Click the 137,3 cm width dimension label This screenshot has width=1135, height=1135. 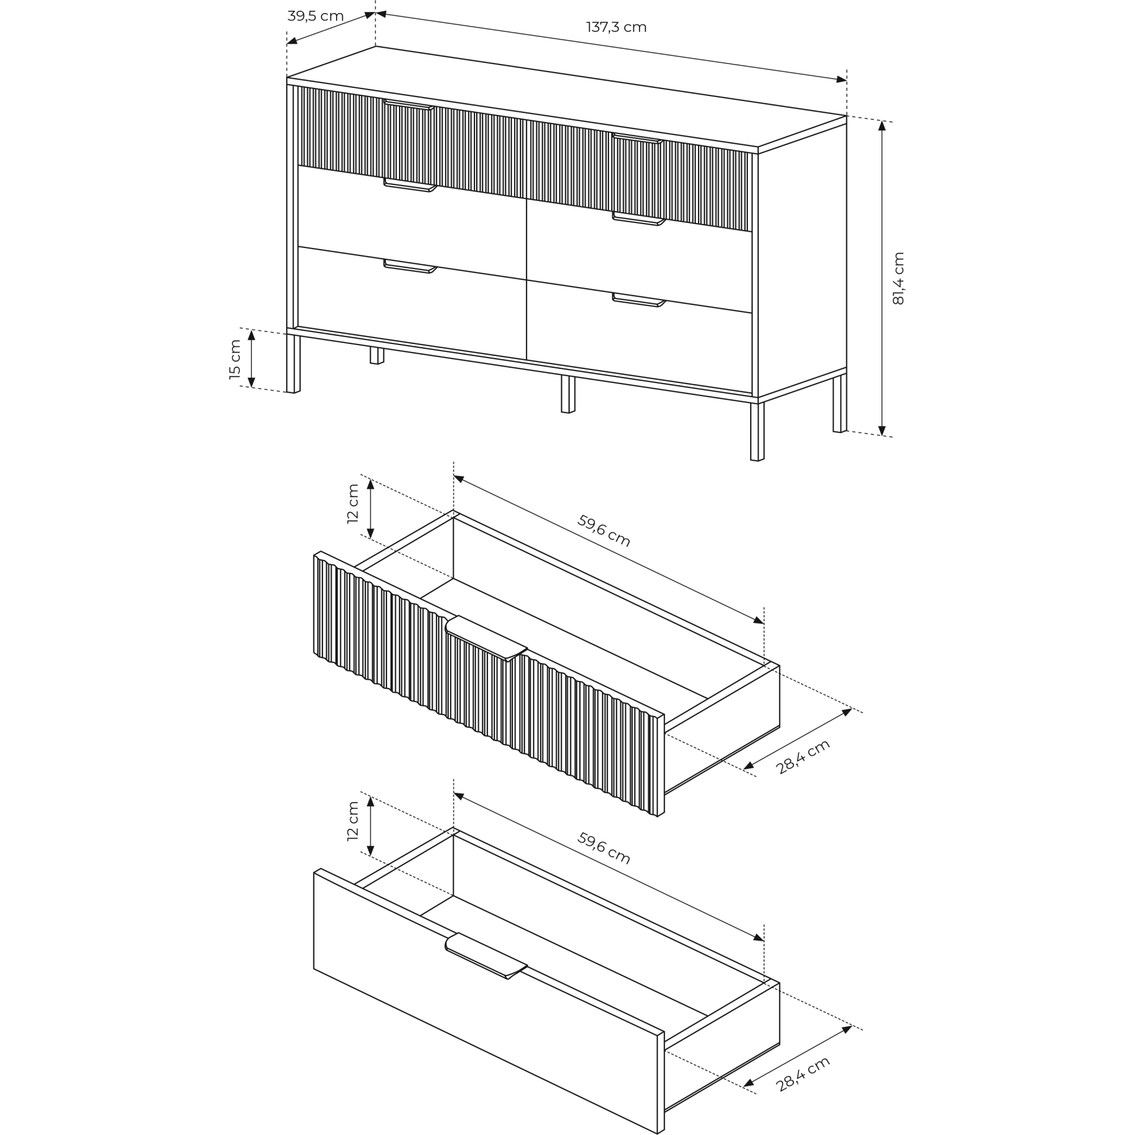616,27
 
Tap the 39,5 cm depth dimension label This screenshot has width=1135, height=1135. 316,16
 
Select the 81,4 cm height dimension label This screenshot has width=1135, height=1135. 898,278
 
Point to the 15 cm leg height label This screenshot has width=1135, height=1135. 235,360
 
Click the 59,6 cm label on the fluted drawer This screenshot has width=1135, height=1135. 604,531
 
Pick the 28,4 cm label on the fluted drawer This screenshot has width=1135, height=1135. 802,756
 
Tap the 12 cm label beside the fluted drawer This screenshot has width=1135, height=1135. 352,503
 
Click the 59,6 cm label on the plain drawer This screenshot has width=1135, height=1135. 604,848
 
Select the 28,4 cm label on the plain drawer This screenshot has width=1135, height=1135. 802,1074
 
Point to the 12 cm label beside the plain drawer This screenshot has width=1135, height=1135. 352,821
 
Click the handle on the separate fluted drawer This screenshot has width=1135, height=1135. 486,638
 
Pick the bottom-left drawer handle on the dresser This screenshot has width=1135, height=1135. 410,267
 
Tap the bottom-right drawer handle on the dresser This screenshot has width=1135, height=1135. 638,300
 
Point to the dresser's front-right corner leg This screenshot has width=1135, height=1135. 757,431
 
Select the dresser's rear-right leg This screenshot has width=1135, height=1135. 840,403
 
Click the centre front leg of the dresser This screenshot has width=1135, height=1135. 568,394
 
